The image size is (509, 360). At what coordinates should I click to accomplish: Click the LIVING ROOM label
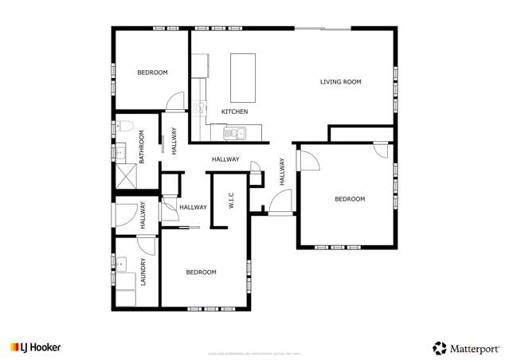click(x=341, y=81)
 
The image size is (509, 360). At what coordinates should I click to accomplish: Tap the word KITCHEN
click(x=234, y=112)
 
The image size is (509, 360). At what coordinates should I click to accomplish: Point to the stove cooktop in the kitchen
click(x=199, y=109)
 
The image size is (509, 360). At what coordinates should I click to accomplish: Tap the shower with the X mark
click(x=126, y=174)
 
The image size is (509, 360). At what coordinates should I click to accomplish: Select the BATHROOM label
click(x=142, y=148)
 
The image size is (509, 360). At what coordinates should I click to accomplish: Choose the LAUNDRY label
click(x=143, y=272)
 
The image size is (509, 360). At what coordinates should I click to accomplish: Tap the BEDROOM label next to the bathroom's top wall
click(x=152, y=72)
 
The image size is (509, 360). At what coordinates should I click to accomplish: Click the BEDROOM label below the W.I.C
click(x=201, y=272)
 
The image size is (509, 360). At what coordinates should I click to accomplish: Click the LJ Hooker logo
click(x=35, y=347)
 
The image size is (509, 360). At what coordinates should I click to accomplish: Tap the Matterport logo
click(x=466, y=347)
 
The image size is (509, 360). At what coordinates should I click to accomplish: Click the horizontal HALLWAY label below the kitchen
click(x=225, y=159)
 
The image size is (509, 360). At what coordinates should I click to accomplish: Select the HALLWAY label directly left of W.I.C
click(x=193, y=207)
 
